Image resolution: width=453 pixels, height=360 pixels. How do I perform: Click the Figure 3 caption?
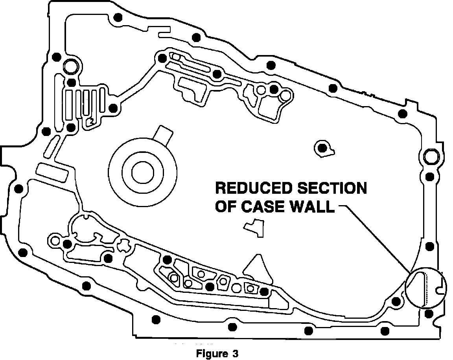point(217,353)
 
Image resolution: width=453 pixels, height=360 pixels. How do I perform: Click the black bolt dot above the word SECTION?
point(322,148)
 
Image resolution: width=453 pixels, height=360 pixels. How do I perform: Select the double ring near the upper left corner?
point(71,65)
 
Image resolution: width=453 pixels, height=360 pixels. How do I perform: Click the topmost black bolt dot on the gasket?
point(117,18)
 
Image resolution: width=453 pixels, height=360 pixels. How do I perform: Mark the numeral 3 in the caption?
point(235,353)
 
